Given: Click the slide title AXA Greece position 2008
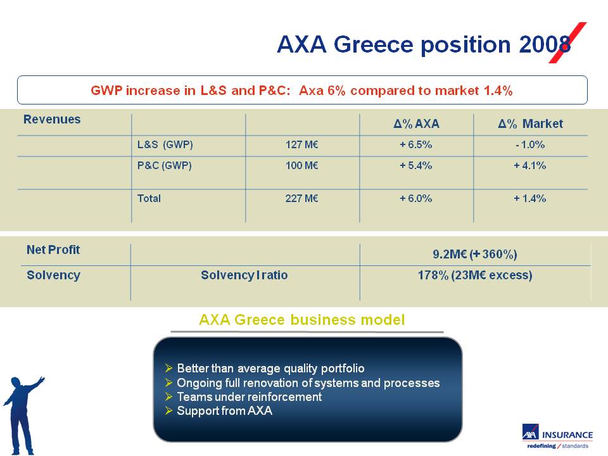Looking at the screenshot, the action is click(424, 45).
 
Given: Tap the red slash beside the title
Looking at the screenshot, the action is click(567, 42).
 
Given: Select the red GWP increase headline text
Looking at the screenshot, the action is click(301, 91).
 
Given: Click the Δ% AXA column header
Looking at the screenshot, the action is click(417, 123).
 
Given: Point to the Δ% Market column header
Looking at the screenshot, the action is click(531, 123).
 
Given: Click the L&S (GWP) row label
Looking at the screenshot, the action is click(165, 144).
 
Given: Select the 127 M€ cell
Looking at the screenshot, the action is click(301, 144).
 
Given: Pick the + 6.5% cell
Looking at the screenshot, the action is click(415, 144).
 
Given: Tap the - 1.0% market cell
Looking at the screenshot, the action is click(530, 144).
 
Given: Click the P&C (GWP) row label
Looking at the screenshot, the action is click(165, 165).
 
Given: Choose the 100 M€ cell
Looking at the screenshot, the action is click(301, 165).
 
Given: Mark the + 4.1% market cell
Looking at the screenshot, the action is click(529, 165).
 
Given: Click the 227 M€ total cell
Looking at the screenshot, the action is click(301, 198).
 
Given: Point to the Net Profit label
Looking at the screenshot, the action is click(53, 250).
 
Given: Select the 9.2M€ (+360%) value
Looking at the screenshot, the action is click(475, 255).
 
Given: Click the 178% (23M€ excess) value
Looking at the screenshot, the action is click(475, 275).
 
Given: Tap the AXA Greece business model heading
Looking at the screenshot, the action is click(302, 320).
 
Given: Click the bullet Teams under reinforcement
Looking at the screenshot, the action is click(250, 396).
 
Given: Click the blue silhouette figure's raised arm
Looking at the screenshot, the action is click(34, 384).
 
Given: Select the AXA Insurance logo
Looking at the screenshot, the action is click(557, 436).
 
